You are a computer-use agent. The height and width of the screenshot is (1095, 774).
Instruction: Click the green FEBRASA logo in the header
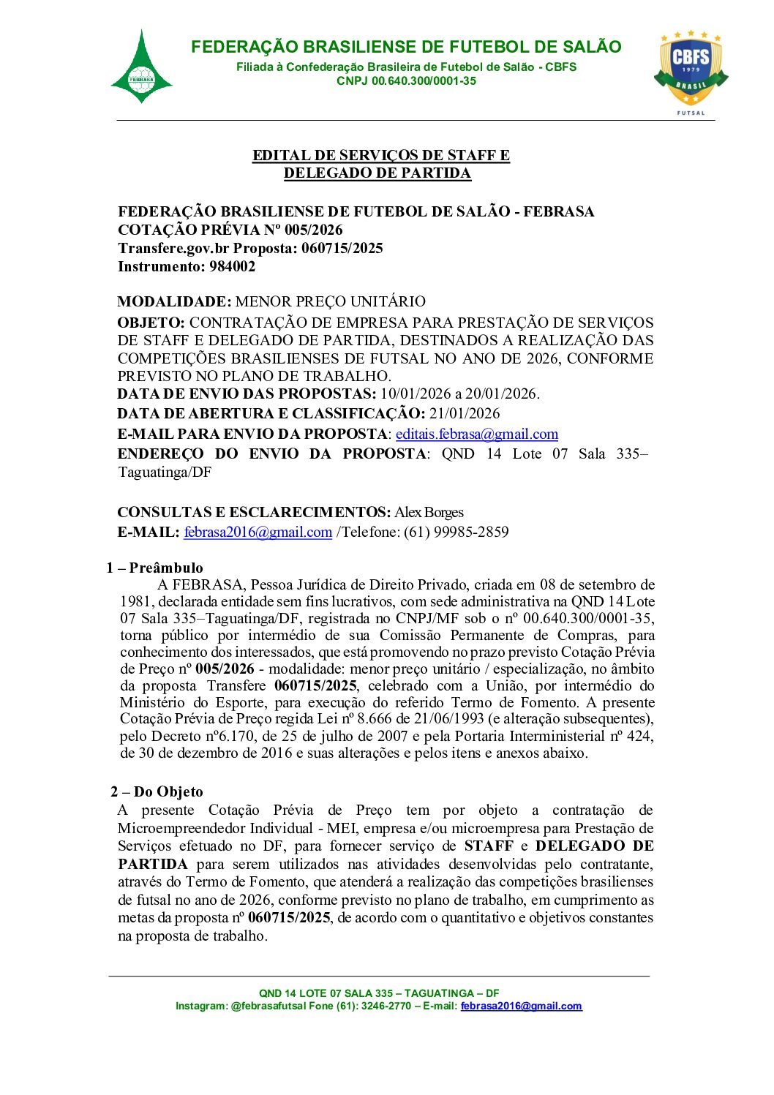(141, 68)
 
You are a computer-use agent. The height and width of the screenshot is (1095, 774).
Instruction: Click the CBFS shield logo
(691, 69)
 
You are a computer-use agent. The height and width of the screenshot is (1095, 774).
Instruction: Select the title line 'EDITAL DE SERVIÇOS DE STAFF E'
(380, 156)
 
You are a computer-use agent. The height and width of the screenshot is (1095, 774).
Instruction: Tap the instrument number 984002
(232, 267)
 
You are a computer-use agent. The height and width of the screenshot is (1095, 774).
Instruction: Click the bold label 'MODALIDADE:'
(174, 302)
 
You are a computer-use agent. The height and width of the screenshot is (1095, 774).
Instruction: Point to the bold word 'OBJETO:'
(151, 323)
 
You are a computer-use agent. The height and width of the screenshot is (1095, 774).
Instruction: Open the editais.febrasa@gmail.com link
(477, 434)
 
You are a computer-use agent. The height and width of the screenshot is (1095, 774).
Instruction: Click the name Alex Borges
(429, 513)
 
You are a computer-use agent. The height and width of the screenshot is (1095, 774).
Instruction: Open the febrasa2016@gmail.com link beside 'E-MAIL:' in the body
(258, 533)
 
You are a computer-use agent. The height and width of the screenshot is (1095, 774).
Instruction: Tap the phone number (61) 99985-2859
(456, 533)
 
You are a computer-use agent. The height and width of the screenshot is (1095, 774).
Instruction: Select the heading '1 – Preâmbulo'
(154, 568)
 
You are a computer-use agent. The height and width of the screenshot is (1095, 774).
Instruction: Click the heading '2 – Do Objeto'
(157, 792)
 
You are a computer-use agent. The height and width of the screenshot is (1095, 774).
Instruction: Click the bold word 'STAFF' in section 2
(489, 846)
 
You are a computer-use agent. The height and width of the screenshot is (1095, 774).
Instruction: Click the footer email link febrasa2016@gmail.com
(521, 1006)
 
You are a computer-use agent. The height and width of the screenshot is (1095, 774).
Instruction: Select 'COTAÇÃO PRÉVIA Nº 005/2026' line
(230, 230)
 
